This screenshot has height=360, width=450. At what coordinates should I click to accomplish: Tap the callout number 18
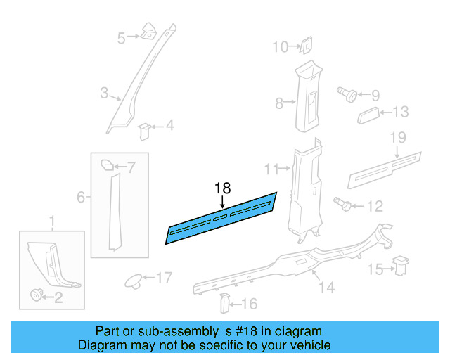222,188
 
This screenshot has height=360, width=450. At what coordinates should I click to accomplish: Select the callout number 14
326,287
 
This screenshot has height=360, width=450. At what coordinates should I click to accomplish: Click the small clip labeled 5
150,31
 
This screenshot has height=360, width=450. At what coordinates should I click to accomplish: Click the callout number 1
51,223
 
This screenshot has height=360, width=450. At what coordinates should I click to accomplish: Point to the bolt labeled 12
344,206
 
